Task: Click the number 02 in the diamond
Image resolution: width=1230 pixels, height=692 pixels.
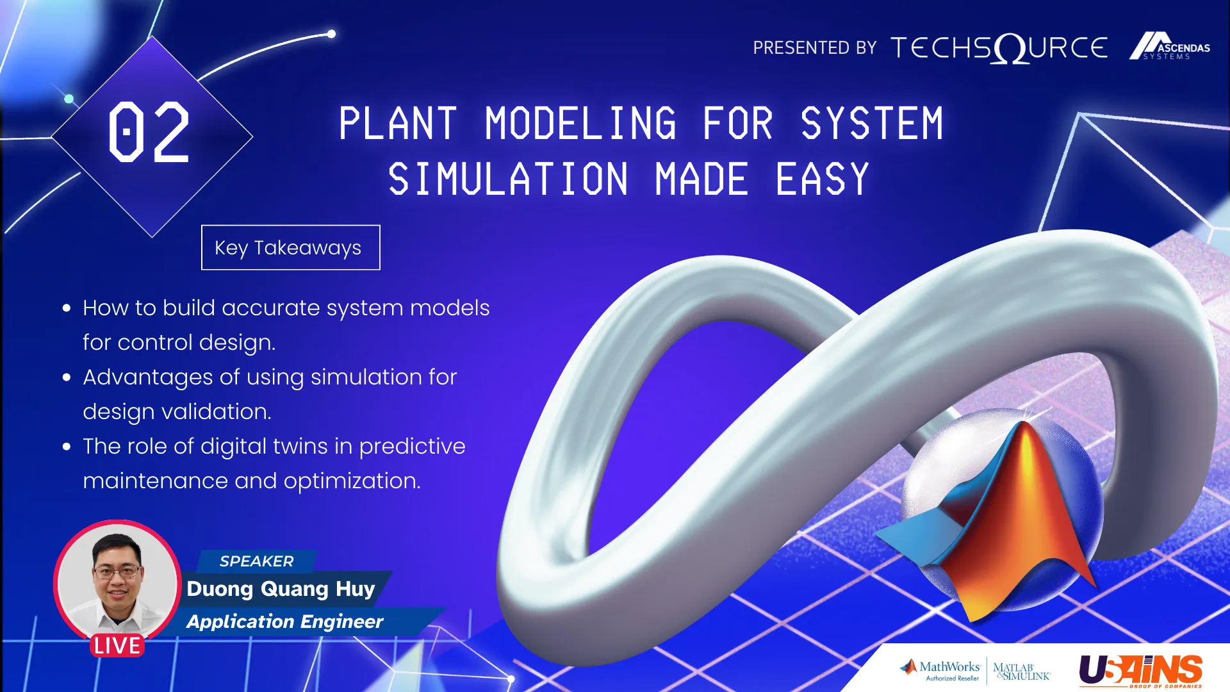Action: [x=149, y=132]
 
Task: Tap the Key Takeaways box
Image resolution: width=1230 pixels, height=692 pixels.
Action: [x=290, y=247]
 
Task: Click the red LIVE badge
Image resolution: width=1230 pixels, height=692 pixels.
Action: [x=117, y=645]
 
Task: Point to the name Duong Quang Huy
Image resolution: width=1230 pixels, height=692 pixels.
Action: [x=281, y=588]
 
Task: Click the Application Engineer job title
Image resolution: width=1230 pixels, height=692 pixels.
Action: [x=285, y=622]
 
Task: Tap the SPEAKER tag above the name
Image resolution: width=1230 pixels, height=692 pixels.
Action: [x=256, y=561]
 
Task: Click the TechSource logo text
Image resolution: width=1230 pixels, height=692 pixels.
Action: [x=999, y=48]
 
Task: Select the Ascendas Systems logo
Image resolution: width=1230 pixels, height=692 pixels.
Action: [x=1169, y=46]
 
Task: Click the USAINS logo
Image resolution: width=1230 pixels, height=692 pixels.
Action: [x=1141, y=670]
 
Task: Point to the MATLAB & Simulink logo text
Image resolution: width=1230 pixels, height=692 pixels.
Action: [x=1022, y=671]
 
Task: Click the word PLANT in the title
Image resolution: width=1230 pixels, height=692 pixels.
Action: [x=398, y=124]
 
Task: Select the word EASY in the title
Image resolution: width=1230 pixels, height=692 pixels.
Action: [x=823, y=179]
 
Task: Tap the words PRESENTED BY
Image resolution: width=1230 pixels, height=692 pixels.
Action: [x=815, y=48]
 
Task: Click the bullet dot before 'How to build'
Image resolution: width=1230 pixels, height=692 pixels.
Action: [x=67, y=308]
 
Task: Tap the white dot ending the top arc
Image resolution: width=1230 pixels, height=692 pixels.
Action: [x=331, y=34]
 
